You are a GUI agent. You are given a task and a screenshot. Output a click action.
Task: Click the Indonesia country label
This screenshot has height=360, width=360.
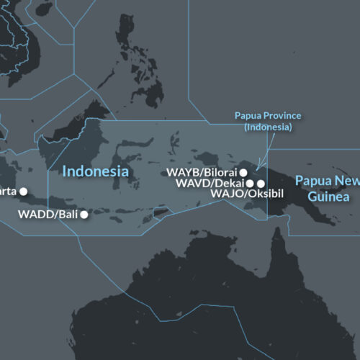tap(95, 171)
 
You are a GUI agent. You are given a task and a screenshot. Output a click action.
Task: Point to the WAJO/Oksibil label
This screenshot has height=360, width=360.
tap(238, 194)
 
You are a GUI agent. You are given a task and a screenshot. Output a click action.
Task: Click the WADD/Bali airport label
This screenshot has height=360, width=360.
tap(48, 215)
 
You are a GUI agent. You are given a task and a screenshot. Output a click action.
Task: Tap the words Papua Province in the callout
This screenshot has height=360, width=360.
tap(268, 116)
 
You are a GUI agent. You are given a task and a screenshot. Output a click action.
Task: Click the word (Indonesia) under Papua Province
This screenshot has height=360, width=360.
tap(268, 127)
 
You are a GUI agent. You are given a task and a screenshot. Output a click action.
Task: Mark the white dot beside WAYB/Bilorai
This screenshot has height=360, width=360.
tap(243, 173)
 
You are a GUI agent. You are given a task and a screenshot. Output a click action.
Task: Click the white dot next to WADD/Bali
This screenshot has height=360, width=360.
tap(84, 215)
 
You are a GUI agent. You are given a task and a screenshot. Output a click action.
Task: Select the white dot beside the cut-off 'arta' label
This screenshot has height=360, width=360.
tap(24, 192)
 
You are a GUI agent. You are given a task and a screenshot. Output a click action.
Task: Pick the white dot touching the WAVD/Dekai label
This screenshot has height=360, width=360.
tap(250, 184)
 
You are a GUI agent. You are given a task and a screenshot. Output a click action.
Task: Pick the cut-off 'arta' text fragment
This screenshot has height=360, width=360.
tap(8, 192)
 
